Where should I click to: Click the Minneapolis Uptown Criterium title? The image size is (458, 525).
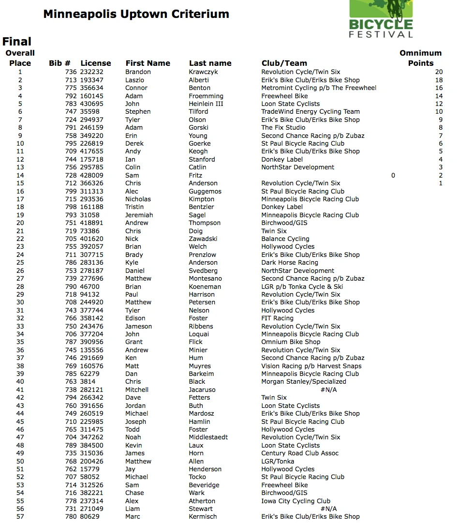tap(136, 14)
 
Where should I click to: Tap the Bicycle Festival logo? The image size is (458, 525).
tap(381, 19)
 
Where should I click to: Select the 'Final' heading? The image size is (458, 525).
tap(17, 42)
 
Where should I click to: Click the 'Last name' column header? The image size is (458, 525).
tap(210, 63)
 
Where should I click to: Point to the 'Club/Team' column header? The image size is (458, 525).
tap(284, 63)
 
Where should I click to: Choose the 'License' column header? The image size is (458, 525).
tap(96, 63)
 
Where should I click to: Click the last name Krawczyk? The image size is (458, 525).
tap(203, 72)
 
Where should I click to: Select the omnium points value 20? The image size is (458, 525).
tap(438, 72)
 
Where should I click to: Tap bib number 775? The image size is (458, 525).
tap(71, 88)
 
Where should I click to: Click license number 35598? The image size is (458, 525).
tap(90, 112)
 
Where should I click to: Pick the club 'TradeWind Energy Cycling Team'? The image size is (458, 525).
tap(310, 112)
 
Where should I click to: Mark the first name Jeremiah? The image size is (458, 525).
tap(139, 215)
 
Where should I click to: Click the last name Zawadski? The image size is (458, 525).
tap(203, 239)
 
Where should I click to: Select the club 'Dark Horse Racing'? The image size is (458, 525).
tap(290, 263)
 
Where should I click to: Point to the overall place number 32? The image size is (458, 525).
tap(20, 318)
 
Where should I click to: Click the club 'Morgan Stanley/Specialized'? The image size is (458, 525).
tap(304, 382)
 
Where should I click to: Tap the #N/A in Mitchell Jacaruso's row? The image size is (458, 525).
tap(328, 390)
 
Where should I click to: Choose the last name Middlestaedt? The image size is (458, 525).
tap(208, 437)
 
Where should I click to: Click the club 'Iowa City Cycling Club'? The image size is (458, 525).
tap(296, 501)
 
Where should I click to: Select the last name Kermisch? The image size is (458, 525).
tap(203, 517)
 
